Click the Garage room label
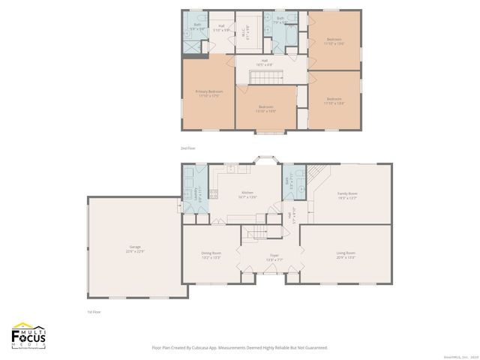pyautogui.click(x=135, y=249)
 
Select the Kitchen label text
pyautogui.click(x=248, y=195)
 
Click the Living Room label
pyautogui.click(x=345, y=255)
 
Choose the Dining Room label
pyautogui.click(x=211, y=255)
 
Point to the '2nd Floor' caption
pyautogui.click(x=187, y=149)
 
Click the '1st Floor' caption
pyautogui.click(x=94, y=311)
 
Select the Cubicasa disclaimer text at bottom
pyautogui.click(x=239, y=348)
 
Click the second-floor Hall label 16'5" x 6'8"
pyautogui.click(x=265, y=63)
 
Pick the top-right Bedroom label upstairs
pyautogui.click(x=334, y=40)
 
